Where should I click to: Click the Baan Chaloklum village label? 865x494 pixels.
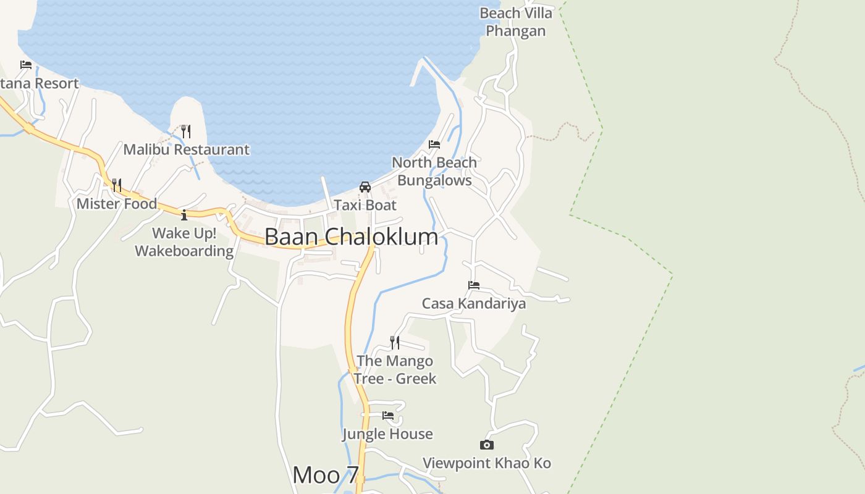point(351,237)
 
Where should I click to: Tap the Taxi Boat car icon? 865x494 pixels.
point(365,187)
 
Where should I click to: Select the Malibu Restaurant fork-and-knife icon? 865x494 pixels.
point(185,131)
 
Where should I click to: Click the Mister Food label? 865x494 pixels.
point(117,204)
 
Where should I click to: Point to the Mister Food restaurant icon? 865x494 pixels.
point(116,185)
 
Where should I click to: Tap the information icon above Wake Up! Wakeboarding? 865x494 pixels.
point(184,215)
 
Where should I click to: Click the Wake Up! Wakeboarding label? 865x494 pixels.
point(184,242)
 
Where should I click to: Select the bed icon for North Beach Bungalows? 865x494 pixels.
point(434,144)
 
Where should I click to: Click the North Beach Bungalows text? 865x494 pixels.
point(434,171)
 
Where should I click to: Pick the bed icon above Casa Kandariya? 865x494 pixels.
point(474,285)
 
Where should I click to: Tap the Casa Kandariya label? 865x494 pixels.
point(474,303)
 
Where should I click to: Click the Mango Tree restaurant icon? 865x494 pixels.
point(395,342)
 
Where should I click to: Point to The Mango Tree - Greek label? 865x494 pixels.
point(395,369)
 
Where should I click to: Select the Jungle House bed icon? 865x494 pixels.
point(388,416)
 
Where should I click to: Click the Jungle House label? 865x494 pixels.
point(388,434)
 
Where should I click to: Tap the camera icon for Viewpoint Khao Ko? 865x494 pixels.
point(487,445)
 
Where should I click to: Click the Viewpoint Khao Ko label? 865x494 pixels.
point(487,463)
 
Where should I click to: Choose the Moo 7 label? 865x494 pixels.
point(326,475)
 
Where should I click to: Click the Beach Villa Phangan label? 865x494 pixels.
point(516,22)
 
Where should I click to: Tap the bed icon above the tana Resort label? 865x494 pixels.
point(26,65)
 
